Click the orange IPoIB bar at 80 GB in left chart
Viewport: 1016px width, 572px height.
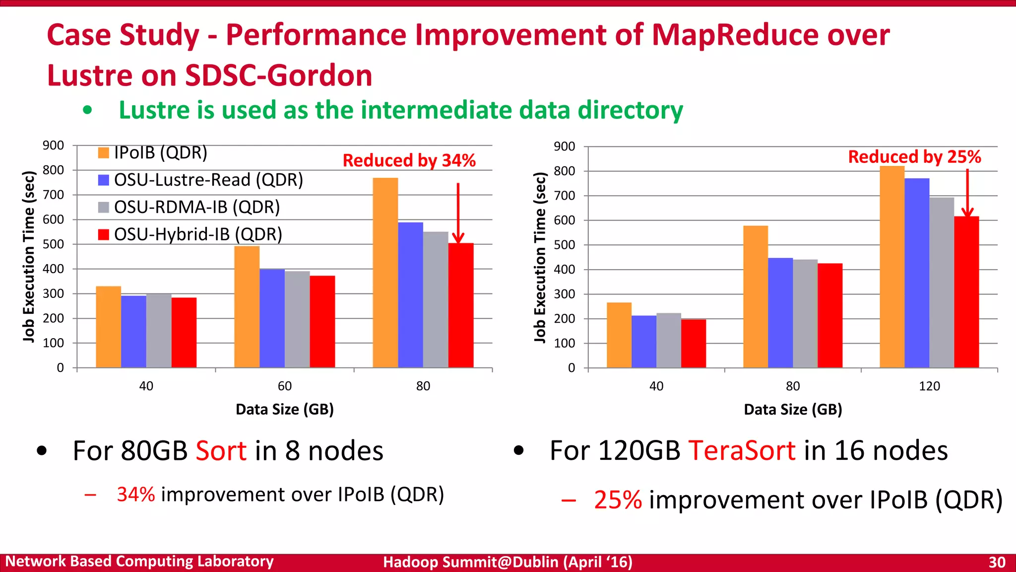click(385, 273)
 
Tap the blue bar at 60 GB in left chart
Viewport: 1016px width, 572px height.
click(272, 318)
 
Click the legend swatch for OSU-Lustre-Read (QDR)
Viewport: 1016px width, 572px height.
click(103, 180)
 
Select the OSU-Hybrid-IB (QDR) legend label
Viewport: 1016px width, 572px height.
click(198, 234)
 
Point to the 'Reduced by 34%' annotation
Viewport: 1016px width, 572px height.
click(409, 160)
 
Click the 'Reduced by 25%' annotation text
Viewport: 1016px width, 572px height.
click(914, 157)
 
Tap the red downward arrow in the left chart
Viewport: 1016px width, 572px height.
click(458, 214)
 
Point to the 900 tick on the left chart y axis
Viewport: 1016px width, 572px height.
click(53, 145)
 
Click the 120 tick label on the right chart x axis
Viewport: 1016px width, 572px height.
click(929, 386)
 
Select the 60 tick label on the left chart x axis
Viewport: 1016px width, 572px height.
click(284, 386)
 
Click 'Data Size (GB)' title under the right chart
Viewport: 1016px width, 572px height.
click(793, 410)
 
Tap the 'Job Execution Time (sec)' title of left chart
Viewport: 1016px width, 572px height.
click(29, 256)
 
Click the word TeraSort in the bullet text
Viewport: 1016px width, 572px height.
click(741, 451)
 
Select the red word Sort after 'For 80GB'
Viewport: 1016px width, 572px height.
click(221, 451)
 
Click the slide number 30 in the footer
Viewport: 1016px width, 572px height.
click(996, 562)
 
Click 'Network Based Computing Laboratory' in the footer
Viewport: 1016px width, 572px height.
click(139, 562)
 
